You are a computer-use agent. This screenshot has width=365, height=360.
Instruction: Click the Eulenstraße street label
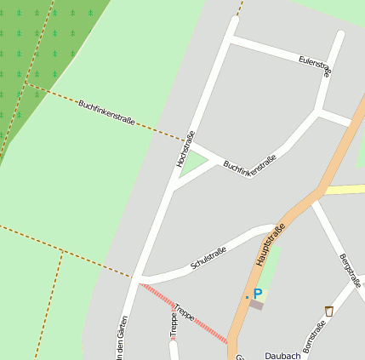[x=315, y=66]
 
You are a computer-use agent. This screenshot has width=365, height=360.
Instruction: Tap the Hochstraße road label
[x=185, y=148]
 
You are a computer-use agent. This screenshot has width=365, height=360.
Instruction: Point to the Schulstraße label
[x=208, y=258]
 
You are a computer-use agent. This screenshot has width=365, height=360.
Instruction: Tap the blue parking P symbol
[x=257, y=294]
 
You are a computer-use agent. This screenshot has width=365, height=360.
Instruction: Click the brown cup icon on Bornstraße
[x=329, y=311]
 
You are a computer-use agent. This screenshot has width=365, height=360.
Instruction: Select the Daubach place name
[x=282, y=355]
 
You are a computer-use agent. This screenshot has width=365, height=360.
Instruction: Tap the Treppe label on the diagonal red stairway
[x=184, y=311]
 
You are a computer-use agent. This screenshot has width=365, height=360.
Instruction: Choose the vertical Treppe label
[x=174, y=327]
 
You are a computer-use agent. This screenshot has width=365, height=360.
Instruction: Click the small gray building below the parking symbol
[x=256, y=305]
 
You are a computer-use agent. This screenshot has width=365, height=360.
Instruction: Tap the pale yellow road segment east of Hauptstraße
[x=345, y=189]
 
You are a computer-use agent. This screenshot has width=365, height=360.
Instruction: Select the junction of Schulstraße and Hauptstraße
[x=277, y=228]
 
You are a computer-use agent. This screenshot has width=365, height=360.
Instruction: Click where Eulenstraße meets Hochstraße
[x=231, y=37]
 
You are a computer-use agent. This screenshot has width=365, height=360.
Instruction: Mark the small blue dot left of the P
[x=247, y=297]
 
